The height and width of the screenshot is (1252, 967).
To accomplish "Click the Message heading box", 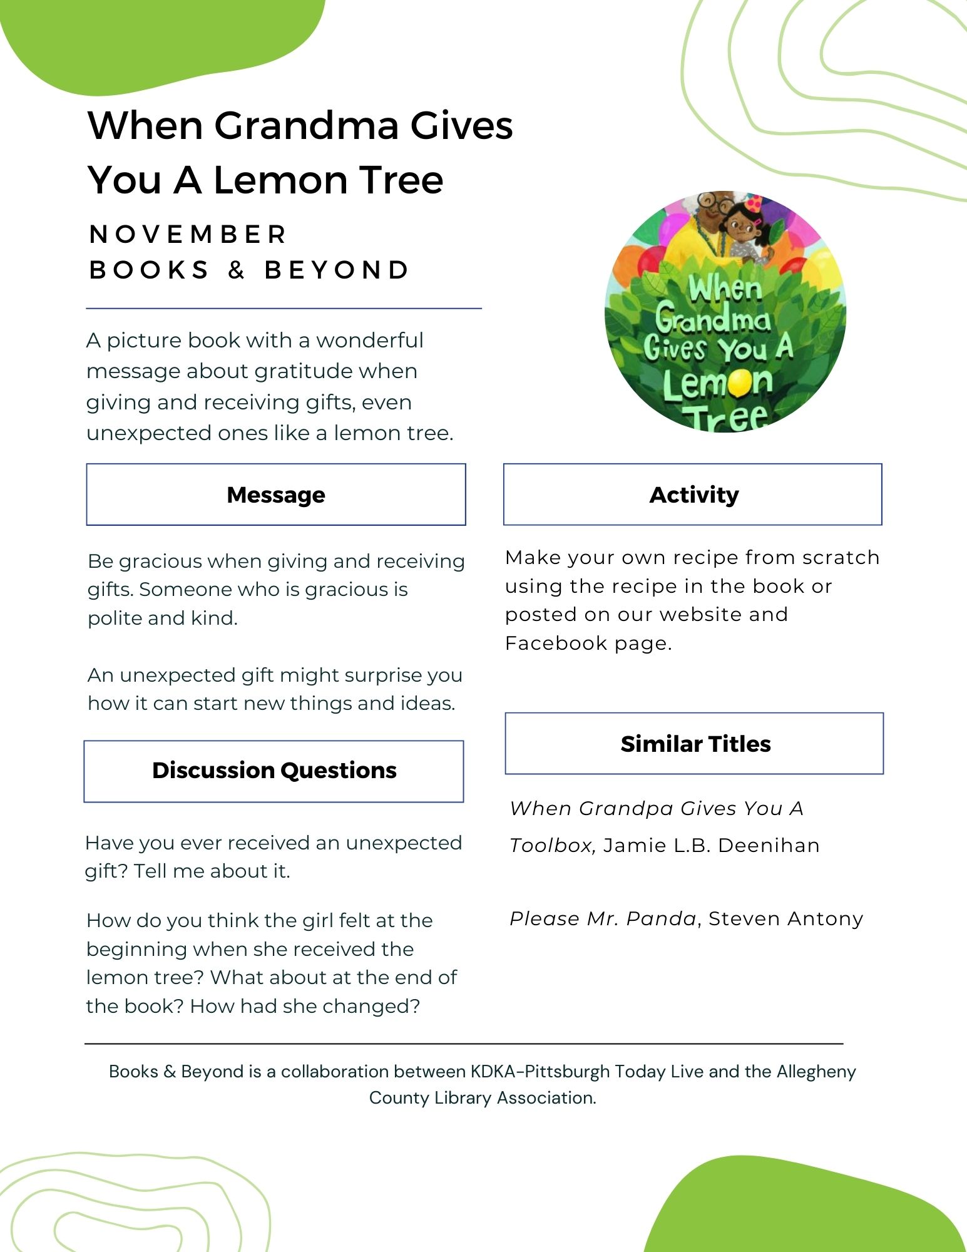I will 275,495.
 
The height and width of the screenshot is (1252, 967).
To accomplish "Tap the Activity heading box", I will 693,495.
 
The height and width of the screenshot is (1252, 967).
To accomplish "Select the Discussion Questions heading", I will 274,771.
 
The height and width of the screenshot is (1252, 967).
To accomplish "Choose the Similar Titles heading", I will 695,744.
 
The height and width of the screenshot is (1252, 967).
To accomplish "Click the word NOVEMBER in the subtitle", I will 188,235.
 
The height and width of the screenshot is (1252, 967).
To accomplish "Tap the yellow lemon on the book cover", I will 740,382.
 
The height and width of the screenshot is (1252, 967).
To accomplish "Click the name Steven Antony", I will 785,919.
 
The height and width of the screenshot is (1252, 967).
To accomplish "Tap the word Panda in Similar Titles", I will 662,919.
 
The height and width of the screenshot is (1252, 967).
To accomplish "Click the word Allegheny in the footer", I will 816,1072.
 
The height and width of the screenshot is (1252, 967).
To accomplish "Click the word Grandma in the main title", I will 307,125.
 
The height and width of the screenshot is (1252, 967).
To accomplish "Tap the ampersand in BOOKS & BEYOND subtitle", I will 236,270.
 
